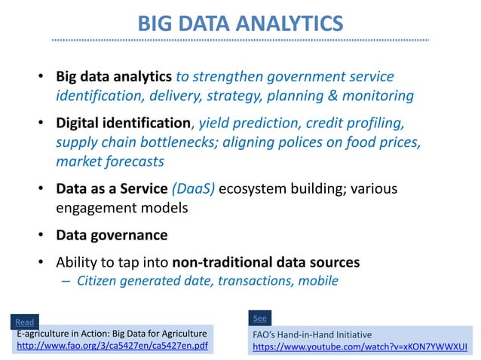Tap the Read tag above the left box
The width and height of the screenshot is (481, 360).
click(x=25, y=322)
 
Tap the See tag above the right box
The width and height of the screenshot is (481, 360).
click(x=259, y=318)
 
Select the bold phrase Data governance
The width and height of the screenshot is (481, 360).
click(x=112, y=235)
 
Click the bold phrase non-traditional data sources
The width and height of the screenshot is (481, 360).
click(x=266, y=263)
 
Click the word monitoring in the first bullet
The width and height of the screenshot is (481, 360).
click(x=377, y=96)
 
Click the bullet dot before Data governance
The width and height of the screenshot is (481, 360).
click(x=42, y=236)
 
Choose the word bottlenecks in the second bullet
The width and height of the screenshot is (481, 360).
click(x=180, y=142)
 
